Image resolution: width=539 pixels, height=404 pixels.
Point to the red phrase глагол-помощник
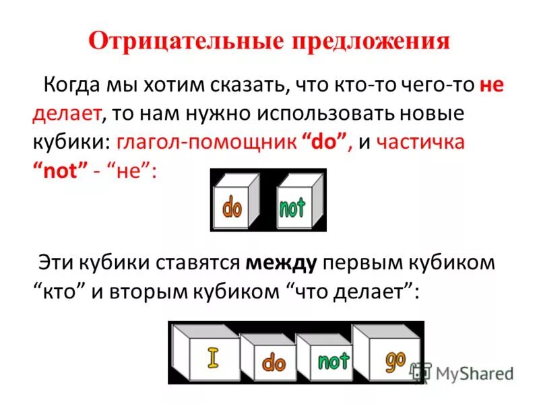click(x=208, y=143)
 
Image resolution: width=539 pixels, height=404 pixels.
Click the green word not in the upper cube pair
click(x=292, y=207)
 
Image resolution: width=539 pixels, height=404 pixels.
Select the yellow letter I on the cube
click(x=214, y=358)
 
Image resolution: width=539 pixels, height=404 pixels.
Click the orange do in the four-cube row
click(x=274, y=364)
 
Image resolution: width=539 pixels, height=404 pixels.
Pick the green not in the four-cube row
click(x=333, y=362)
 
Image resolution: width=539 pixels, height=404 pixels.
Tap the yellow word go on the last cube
click(x=395, y=362)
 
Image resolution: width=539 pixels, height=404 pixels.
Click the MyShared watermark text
click(x=474, y=373)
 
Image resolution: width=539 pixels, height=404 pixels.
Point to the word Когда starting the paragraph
click(x=73, y=87)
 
